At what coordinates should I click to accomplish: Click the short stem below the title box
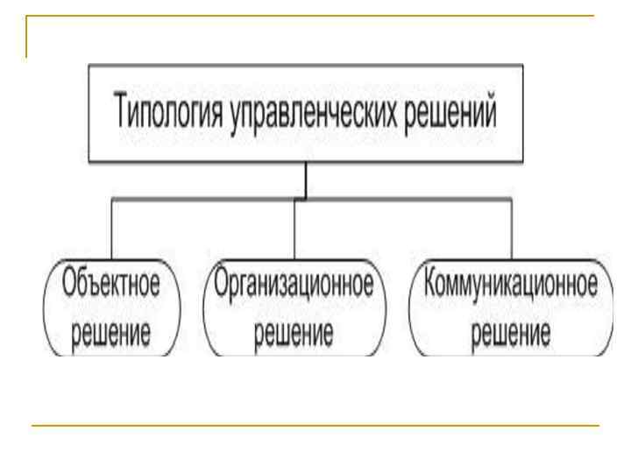(306, 180)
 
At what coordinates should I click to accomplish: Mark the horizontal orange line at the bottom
(315, 426)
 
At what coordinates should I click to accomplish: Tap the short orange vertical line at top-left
(26, 37)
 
